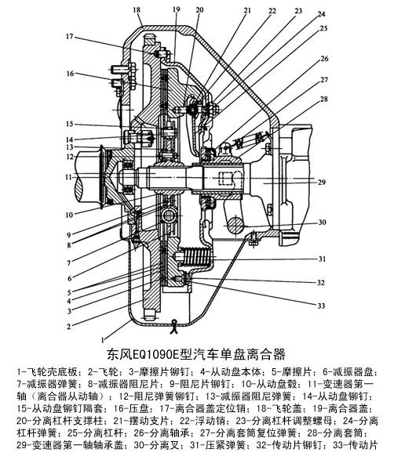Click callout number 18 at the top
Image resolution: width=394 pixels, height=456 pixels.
pos(137,10)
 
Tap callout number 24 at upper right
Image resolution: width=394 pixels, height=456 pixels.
pos(321,14)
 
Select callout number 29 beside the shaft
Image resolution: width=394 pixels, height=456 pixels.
pos(321,183)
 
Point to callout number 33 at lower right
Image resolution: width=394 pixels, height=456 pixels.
pos(321,306)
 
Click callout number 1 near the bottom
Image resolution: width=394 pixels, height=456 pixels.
pos(102,340)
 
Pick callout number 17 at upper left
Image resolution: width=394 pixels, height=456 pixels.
pos(69,37)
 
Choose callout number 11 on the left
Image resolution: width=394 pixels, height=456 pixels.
pos(68,177)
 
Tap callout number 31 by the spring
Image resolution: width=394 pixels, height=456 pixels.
pos(322,259)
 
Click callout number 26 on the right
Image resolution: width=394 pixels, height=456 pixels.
pos(324,59)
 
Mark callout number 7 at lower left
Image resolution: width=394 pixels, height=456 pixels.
pos(69,263)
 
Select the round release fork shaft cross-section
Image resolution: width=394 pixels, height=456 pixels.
pos(235,225)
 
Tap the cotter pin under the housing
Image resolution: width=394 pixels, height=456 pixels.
pos(174,326)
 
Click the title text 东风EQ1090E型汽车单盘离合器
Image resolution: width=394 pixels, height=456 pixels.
pos(196,354)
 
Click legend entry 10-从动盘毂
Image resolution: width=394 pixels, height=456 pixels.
pos(270,384)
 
